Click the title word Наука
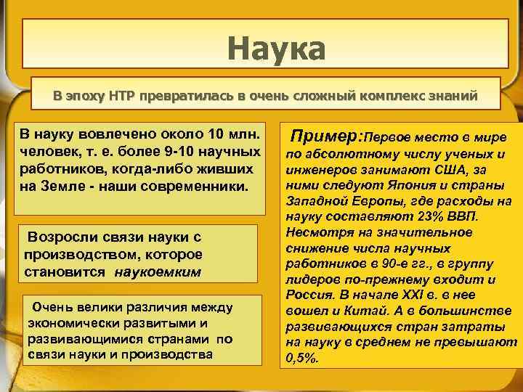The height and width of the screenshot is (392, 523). click(x=276, y=49)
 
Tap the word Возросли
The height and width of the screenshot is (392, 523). click(x=60, y=237)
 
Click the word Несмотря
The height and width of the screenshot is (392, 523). click(x=315, y=233)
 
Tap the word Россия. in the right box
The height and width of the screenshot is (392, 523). click(x=307, y=295)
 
